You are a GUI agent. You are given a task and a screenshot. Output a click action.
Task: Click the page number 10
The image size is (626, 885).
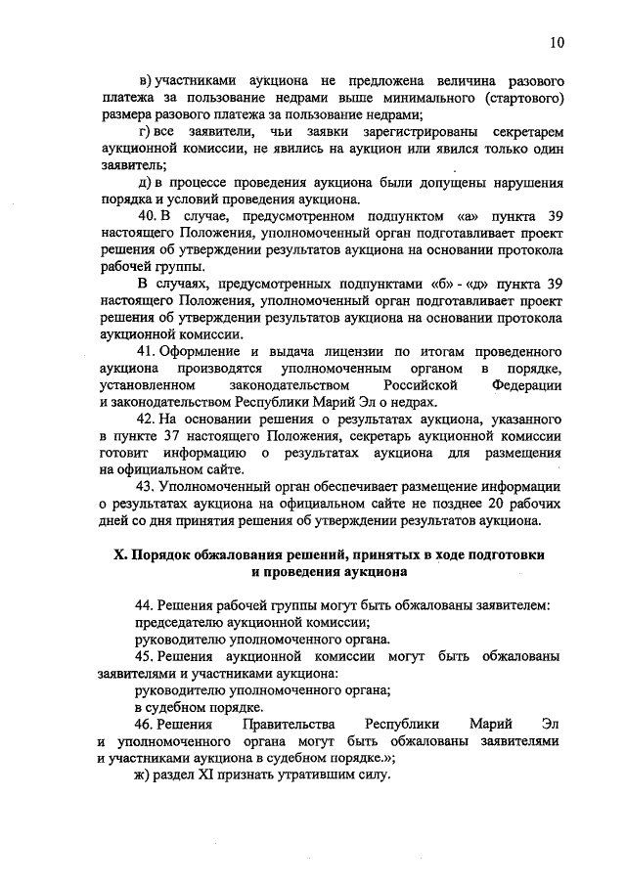click(x=557, y=42)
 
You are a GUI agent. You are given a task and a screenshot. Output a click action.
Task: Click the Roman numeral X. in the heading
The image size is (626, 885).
click(x=122, y=553)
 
